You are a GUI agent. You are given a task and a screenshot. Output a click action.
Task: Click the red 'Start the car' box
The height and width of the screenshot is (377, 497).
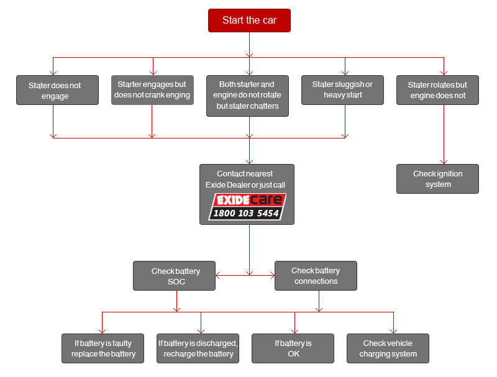[249, 20]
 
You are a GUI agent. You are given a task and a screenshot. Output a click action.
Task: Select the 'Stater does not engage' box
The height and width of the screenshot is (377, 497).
[57, 90]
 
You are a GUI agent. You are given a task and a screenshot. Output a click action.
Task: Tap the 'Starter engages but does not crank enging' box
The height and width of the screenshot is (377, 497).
[152, 90]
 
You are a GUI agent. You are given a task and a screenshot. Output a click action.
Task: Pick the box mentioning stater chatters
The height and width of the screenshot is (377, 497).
[247, 96]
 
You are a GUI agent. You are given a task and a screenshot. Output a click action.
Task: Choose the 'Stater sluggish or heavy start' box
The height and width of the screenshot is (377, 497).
[343, 90]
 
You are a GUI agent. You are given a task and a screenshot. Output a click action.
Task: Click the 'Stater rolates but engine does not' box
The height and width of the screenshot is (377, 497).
[438, 90]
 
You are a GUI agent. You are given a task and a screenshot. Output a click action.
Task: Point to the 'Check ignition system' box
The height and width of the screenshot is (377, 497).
[438, 179]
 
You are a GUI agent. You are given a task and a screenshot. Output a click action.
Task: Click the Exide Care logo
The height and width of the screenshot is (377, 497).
[247, 207]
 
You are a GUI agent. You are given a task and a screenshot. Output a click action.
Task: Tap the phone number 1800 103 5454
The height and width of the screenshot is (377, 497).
[246, 213]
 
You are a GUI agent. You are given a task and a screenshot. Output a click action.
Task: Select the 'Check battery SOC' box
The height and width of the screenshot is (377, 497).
[175, 276]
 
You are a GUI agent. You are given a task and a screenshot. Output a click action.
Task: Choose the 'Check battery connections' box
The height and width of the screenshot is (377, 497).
[316, 276]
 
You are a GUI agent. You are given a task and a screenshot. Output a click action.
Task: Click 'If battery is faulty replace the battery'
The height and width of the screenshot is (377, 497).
[103, 348]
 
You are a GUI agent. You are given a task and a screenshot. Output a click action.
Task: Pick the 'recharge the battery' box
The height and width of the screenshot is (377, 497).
[198, 348]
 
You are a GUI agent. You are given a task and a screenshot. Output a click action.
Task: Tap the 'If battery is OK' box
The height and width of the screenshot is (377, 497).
[293, 348]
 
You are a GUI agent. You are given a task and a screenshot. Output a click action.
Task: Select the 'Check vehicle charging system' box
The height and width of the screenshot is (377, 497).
[388, 348]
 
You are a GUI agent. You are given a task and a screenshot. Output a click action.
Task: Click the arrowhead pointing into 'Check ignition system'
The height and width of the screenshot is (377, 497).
[444, 162]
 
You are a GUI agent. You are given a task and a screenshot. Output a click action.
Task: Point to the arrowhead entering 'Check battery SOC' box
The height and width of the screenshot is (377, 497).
[218, 276]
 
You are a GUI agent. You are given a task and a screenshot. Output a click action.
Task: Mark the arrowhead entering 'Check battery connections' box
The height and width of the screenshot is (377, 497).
[272, 276]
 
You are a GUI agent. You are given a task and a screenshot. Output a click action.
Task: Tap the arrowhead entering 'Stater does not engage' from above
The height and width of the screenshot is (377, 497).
[53, 73]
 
